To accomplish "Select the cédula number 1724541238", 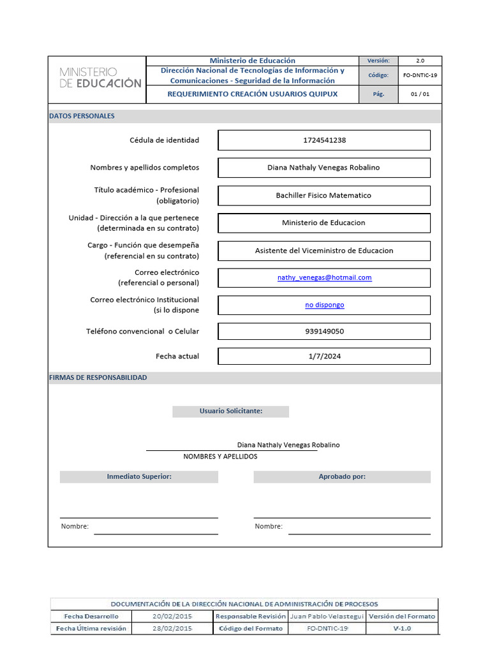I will tap(324, 140).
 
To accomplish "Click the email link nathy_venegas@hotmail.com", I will tap(324, 278).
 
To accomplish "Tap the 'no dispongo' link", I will tap(324, 305).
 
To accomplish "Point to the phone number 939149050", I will tap(324, 332).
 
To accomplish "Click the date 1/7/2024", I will tap(324, 356).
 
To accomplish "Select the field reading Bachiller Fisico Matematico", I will tap(323, 196).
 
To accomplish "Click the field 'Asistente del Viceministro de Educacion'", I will tap(324, 251).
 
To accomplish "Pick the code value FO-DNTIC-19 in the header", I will tap(420, 75).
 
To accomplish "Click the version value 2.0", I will tap(420, 61).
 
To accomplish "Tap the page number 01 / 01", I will tap(420, 94).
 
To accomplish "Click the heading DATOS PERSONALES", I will tap(82, 117).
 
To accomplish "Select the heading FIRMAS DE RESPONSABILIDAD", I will tap(98, 378).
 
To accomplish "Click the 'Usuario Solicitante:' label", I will tap(230, 411).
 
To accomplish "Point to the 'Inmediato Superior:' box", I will tap(139, 477).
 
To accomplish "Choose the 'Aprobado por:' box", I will tap(342, 477).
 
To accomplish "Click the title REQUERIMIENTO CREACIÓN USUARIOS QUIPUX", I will tap(253, 94).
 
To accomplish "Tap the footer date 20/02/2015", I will tap(172, 617).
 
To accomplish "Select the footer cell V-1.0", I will tap(402, 629).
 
